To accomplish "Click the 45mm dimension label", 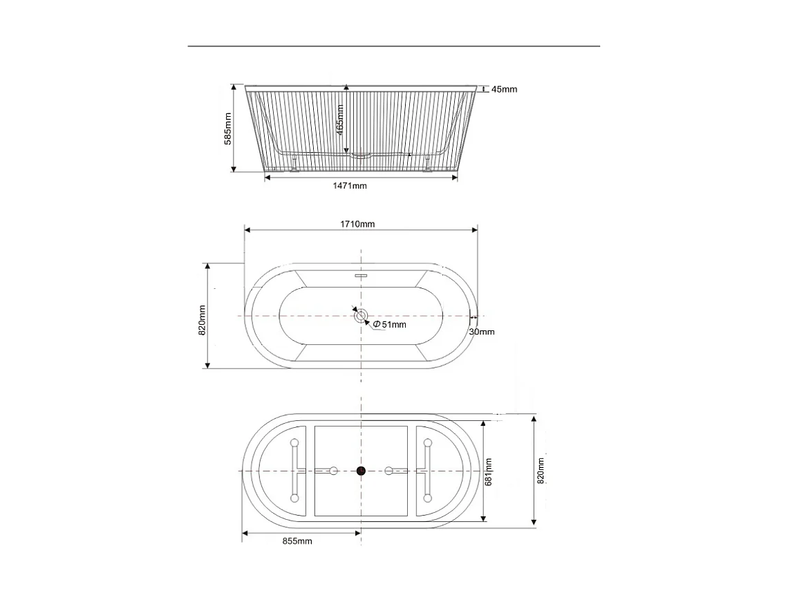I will (504, 89).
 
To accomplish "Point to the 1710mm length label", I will (358, 223).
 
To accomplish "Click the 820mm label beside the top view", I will (202, 320).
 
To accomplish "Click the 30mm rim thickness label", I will (482, 332).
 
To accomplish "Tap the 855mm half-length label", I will (297, 541).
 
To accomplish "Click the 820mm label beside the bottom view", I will (541, 471).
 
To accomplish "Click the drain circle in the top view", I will (361, 317).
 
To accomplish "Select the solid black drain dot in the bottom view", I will (361, 471).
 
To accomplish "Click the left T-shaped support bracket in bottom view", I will (296, 470).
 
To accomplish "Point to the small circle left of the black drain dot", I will (333, 471).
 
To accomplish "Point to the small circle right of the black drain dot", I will (389, 471).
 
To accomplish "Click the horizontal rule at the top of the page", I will (394, 46).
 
